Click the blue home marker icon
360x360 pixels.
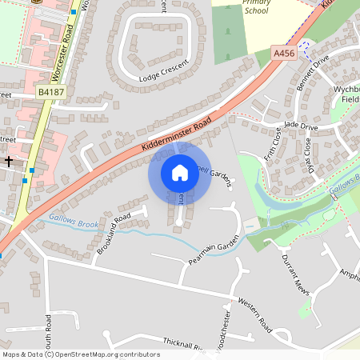pyautogui.click(x=180, y=172)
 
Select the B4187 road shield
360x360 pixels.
pyautogui.click(x=51, y=94)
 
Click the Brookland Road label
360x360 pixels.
pyautogui.click(x=114, y=234)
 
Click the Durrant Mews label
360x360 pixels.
pyautogui.click(x=295, y=274)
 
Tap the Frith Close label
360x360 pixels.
pyautogui.click(x=273, y=142)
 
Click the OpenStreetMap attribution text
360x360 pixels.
pyautogui.click(x=81, y=354)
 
